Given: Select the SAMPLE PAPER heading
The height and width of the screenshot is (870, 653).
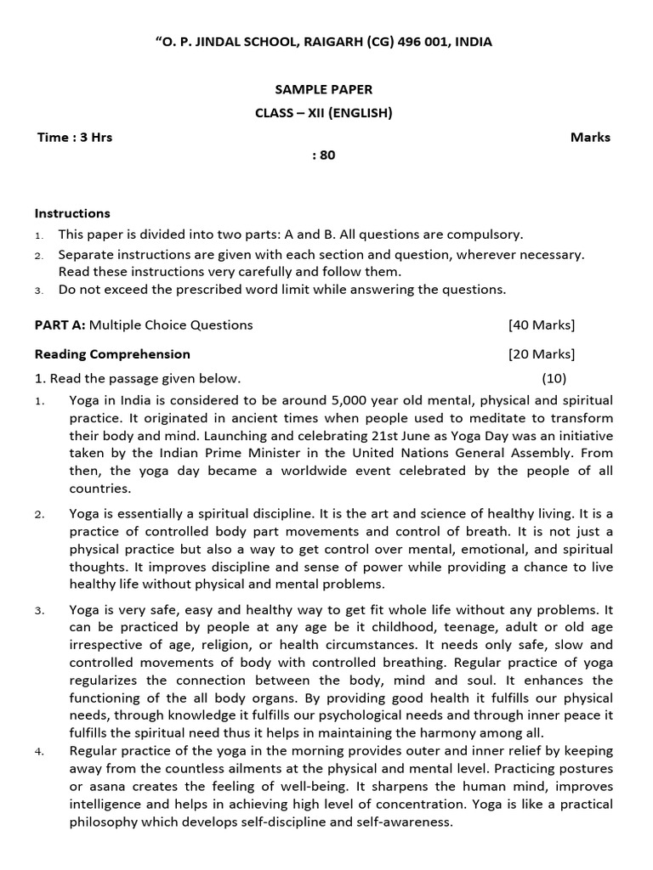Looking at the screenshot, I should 323,89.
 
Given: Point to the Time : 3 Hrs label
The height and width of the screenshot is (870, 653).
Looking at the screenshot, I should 75,137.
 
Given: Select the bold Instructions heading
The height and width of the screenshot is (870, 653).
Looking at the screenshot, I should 72,213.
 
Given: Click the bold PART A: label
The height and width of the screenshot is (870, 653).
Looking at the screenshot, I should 60,325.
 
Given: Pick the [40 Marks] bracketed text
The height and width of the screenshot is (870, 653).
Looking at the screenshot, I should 541,325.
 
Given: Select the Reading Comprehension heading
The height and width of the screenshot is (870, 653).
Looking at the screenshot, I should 112,354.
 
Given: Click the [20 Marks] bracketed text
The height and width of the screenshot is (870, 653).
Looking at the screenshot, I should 541,354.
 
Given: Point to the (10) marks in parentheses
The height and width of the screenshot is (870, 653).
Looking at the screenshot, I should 554,379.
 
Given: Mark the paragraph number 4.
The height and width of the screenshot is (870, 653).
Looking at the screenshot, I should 39,752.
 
